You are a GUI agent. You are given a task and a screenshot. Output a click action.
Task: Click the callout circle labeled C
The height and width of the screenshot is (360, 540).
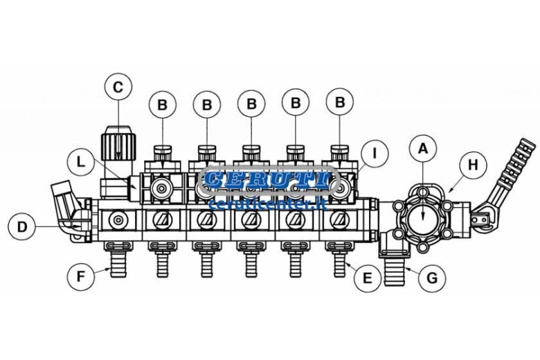point(118,87)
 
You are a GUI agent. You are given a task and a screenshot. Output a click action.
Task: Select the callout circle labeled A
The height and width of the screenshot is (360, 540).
point(423,149)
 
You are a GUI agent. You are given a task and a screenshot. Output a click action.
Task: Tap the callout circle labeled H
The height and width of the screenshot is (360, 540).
point(473,165)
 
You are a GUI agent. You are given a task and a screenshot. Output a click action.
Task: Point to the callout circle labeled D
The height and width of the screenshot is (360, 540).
point(22,227)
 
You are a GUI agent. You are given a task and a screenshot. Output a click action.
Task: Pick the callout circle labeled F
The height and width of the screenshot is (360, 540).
point(81,276)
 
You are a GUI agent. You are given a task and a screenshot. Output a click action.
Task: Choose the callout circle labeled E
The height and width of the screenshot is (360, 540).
point(368,278)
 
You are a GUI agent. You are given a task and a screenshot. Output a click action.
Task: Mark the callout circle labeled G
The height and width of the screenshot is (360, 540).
point(431,278)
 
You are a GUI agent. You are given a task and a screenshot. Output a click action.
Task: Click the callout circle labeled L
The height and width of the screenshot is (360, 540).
point(81,162)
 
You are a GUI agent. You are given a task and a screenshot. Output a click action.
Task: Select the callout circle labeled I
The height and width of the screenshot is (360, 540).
point(375,154)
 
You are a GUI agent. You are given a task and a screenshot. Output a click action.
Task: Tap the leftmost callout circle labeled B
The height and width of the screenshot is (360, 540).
point(163,105)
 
